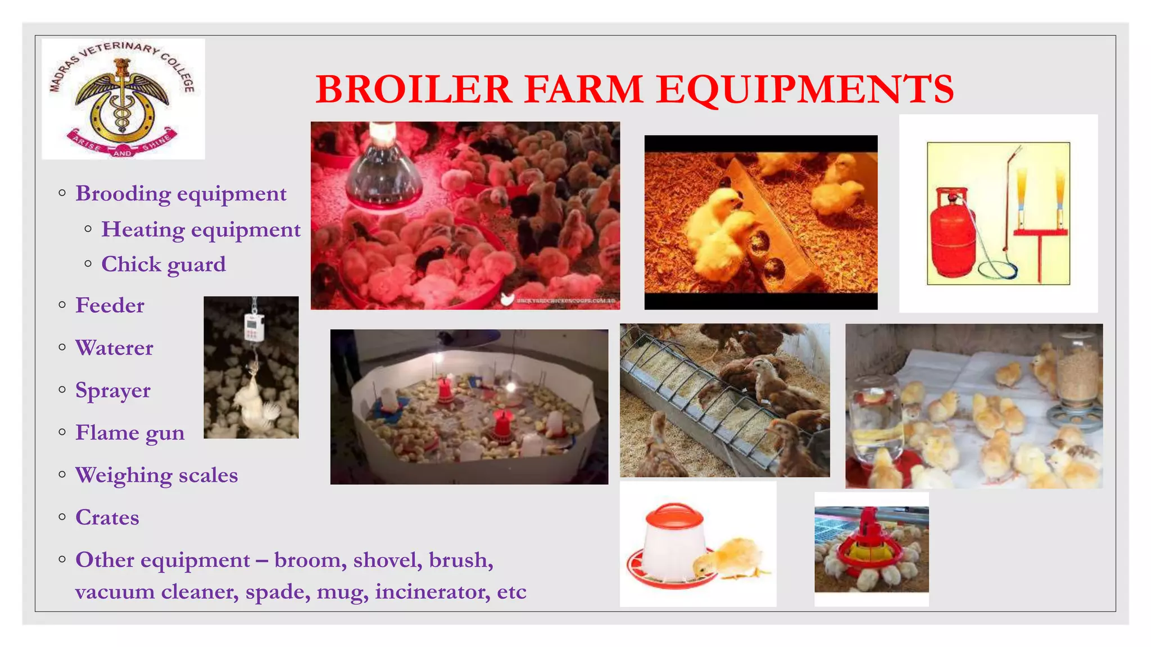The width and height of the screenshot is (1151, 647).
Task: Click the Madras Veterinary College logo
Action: tap(123, 99)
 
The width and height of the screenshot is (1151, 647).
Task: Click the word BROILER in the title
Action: tap(414, 89)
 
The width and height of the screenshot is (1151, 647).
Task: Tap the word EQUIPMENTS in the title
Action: tap(805, 89)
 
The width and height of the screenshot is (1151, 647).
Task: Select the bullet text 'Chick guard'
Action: tap(164, 264)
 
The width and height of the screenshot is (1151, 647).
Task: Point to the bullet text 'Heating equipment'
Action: tap(201, 230)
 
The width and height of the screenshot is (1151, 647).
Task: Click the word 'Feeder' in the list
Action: tap(110, 306)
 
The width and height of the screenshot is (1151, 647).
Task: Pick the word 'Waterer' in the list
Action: tap(115, 348)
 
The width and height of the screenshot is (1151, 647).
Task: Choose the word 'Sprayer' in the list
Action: tap(113, 391)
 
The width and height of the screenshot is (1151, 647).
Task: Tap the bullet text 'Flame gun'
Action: tap(130, 433)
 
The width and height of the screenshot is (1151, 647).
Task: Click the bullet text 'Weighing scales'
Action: tap(157, 476)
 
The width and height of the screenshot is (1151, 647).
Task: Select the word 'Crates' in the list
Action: tap(107, 518)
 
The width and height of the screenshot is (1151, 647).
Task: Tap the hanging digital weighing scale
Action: tap(253, 326)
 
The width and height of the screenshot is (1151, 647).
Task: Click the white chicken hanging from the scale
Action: tap(253, 402)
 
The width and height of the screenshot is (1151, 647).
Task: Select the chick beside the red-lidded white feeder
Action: tap(729, 558)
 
